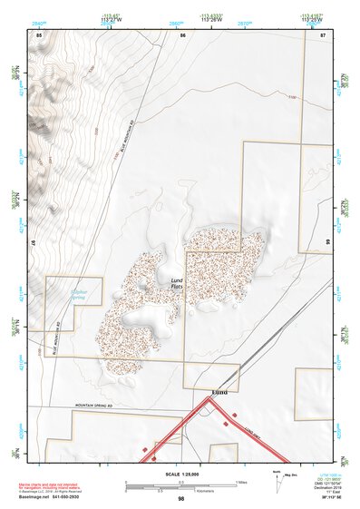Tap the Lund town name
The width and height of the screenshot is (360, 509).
pyautogui.click(x=219, y=393)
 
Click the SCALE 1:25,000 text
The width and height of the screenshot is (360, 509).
pyautogui.click(x=181, y=474)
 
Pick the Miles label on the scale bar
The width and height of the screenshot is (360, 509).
pyautogui.click(x=241, y=481)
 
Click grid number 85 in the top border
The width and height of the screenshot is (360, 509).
pyautogui.click(x=39, y=34)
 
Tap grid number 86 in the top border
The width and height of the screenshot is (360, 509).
pyautogui.click(x=182, y=34)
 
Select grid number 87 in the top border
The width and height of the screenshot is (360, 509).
pyautogui.click(x=322, y=34)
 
